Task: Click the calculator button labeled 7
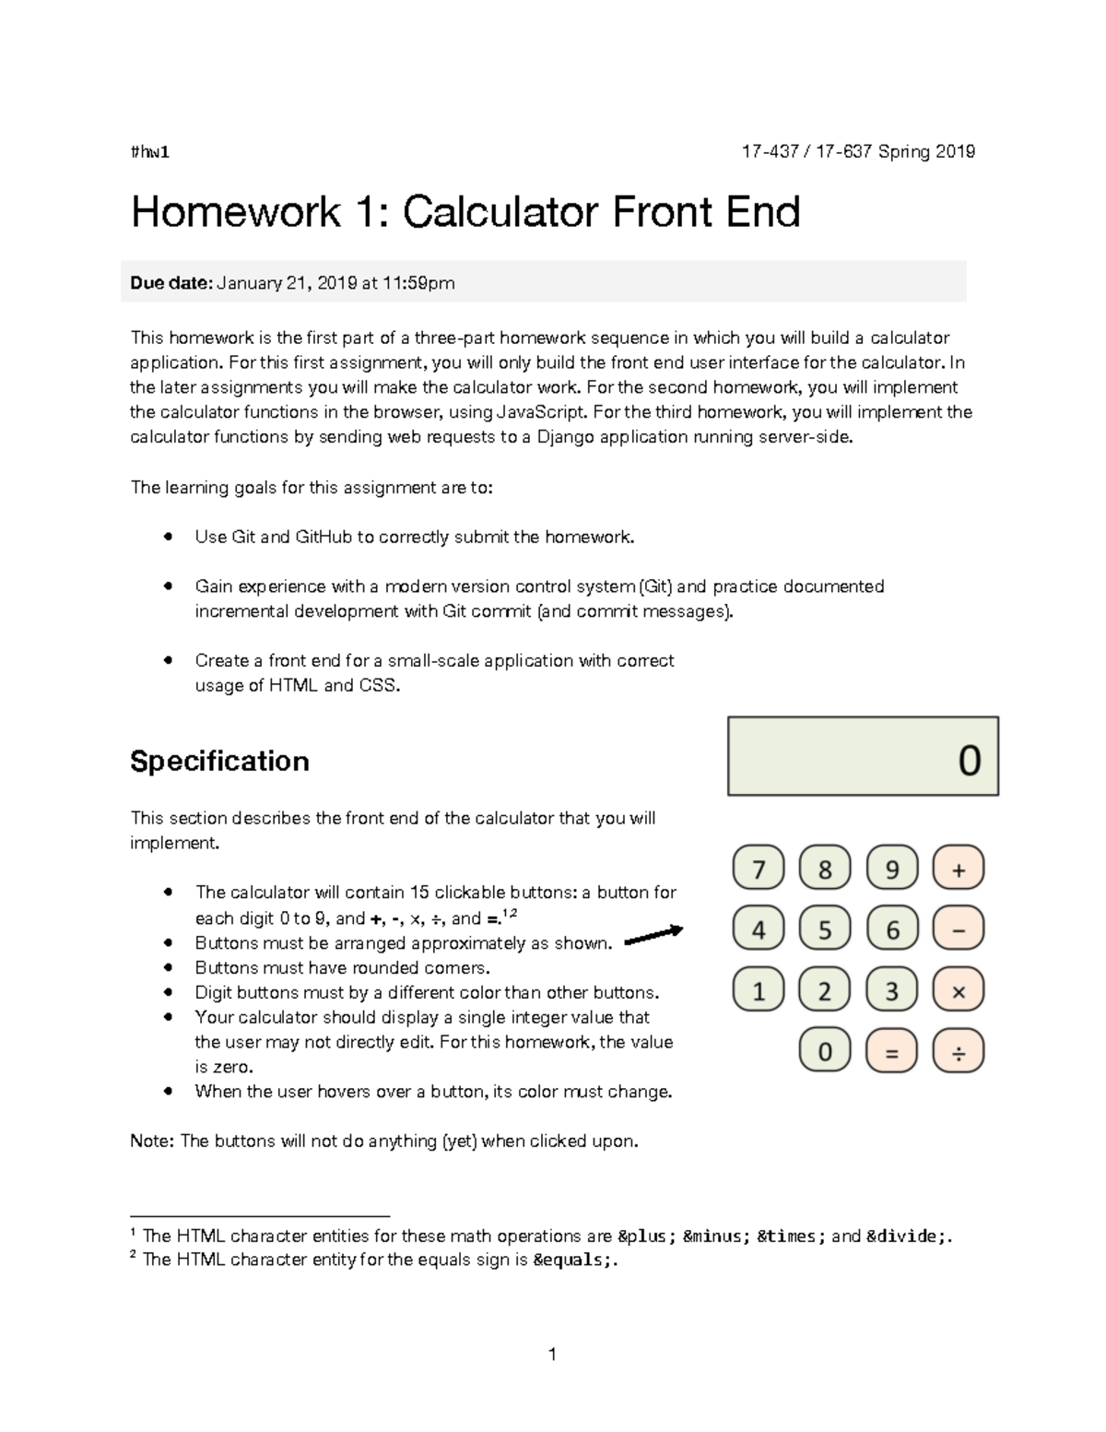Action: [759, 870]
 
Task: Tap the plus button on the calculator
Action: [959, 870]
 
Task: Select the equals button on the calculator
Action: [891, 1052]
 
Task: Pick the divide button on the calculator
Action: [959, 1052]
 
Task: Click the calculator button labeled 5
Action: [825, 929]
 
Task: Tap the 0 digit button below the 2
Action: [825, 1052]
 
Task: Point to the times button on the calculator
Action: [959, 991]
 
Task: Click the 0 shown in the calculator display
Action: [970, 761]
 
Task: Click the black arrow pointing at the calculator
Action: [653, 935]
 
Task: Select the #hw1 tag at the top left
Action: [150, 152]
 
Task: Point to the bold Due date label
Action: [171, 283]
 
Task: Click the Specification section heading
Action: [219, 761]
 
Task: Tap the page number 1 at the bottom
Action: [552, 1354]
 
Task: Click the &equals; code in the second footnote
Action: [571, 1260]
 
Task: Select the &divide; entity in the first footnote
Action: [906, 1237]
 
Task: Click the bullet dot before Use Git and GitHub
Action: [168, 537]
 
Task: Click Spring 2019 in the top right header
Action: [926, 152]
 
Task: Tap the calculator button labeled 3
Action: [891, 991]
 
